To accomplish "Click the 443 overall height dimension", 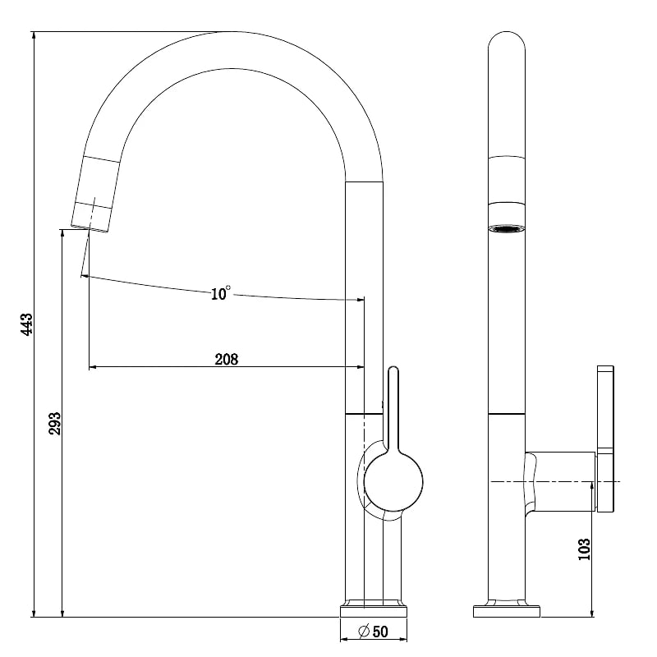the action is tap(26, 324).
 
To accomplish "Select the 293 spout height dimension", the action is tap(55, 424).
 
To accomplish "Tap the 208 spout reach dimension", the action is tap(227, 359).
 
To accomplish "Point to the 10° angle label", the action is tap(220, 293).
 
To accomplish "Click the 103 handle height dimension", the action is tap(584, 549).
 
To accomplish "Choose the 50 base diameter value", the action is tap(380, 632).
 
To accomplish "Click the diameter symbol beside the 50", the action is tap(364, 631).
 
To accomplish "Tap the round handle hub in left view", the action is tap(393, 482).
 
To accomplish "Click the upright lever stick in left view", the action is tap(393, 408).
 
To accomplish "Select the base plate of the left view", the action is tap(374, 611).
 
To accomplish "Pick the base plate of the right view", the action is tap(507, 611).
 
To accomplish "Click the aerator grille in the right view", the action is tap(507, 229).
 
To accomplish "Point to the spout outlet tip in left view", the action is tap(90, 229).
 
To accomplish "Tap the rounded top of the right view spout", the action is tap(507, 39).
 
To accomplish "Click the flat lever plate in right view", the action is tap(605, 439).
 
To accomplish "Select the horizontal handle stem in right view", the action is tap(561, 482).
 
